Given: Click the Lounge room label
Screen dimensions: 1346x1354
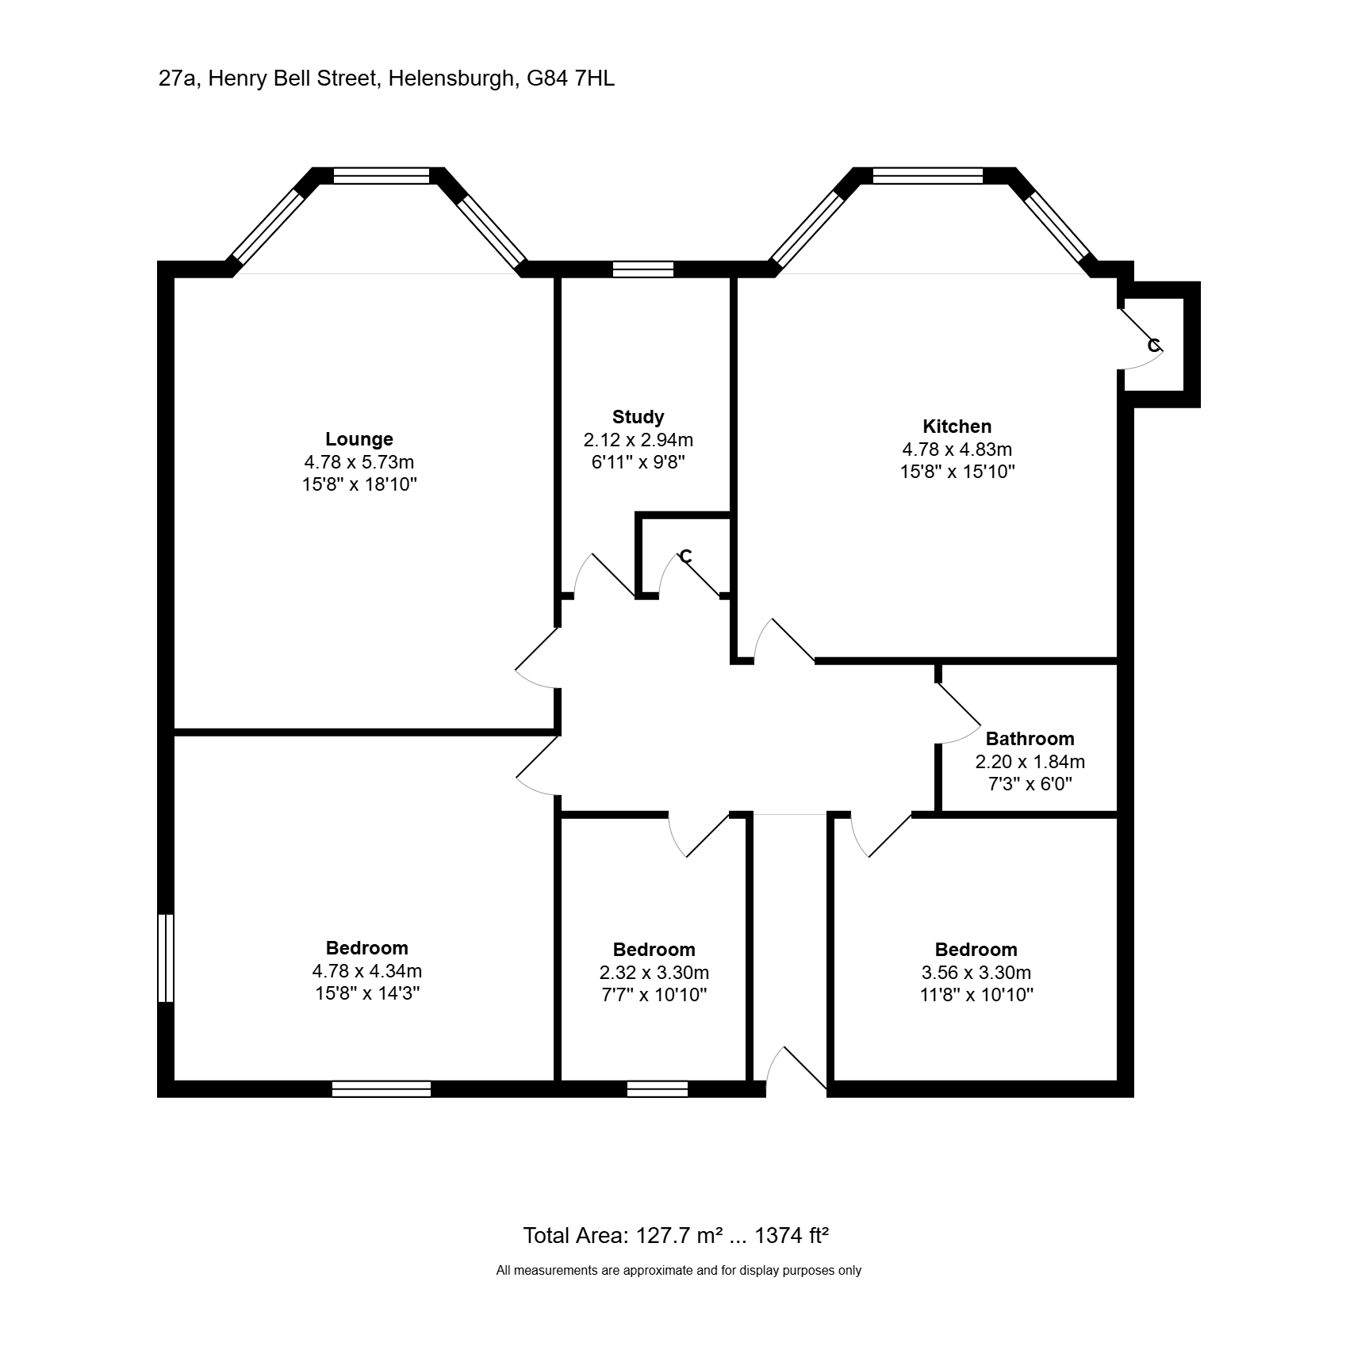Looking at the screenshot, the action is tap(359, 439).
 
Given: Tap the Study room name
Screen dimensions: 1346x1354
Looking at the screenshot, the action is tap(638, 417).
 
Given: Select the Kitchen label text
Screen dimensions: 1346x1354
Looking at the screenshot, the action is tap(957, 426).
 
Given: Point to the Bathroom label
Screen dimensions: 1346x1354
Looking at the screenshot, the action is tap(1030, 739).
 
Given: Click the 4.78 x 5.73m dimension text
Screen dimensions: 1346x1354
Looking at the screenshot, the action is tap(359, 461).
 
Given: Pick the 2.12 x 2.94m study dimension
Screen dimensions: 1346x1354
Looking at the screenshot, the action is tap(638, 439).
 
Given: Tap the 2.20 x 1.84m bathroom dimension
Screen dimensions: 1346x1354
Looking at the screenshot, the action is tap(1030, 762).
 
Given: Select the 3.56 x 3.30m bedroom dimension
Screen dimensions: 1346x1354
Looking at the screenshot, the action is tap(976, 973).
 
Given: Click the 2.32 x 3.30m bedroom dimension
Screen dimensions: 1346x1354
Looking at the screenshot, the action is tap(654, 973).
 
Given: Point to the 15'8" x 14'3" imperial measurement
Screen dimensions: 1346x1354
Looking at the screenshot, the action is tap(366, 993).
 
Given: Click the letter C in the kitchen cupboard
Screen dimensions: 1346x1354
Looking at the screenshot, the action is tap(1154, 346).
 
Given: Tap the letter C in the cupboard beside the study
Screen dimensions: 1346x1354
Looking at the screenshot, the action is tap(686, 557).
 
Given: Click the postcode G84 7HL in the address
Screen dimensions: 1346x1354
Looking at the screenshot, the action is tap(570, 79).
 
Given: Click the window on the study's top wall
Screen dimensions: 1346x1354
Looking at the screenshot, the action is tap(643, 270).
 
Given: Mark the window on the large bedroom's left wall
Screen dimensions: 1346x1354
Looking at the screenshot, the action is tap(166, 958).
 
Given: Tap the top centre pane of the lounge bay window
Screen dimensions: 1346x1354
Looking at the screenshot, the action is tap(381, 176).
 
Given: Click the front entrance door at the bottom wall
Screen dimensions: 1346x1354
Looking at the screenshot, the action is tap(796, 1070).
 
